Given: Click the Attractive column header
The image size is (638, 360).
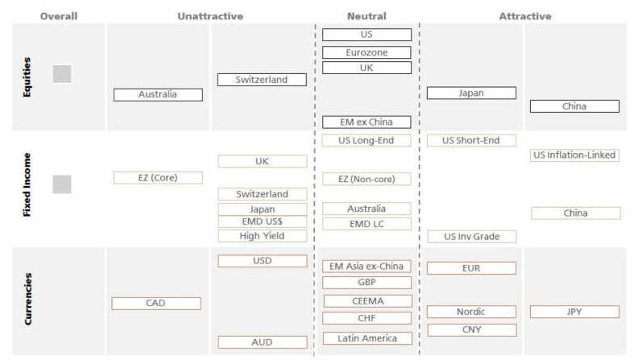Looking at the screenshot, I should (x=525, y=15).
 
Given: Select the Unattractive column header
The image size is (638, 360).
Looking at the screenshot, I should (x=210, y=15).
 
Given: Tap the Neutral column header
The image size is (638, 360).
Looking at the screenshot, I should (x=367, y=15).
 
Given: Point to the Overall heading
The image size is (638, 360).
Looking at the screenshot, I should (x=59, y=15).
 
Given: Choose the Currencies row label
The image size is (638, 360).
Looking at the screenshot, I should (x=27, y=299).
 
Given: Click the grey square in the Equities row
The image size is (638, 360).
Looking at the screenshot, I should (x=62, y=74).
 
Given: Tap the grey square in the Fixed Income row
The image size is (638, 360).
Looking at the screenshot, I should (x=62, y=184).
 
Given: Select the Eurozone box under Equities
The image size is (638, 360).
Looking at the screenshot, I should (x=367, y=52).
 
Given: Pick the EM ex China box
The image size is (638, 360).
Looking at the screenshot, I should (x=367, y=122).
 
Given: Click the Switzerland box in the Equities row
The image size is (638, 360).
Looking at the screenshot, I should (x=262, y=80).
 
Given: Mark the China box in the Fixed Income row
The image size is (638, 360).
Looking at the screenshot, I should (x=575, y=213).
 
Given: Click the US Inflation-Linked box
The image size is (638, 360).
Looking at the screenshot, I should (x=574, y=155).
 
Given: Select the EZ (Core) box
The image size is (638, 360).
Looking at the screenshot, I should (x=158, y=177).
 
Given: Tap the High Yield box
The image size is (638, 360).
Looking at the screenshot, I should (x=262, y=236).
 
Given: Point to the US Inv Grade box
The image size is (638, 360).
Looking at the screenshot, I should (x=471, y=237).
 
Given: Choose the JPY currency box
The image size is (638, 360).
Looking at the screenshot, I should (x=574, y=312).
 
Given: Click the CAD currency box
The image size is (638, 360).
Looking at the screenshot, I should (x=155, y=304).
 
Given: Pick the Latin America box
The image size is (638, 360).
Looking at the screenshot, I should (x=367, y=338).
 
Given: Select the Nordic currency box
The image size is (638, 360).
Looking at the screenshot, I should (x=471, y=312).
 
